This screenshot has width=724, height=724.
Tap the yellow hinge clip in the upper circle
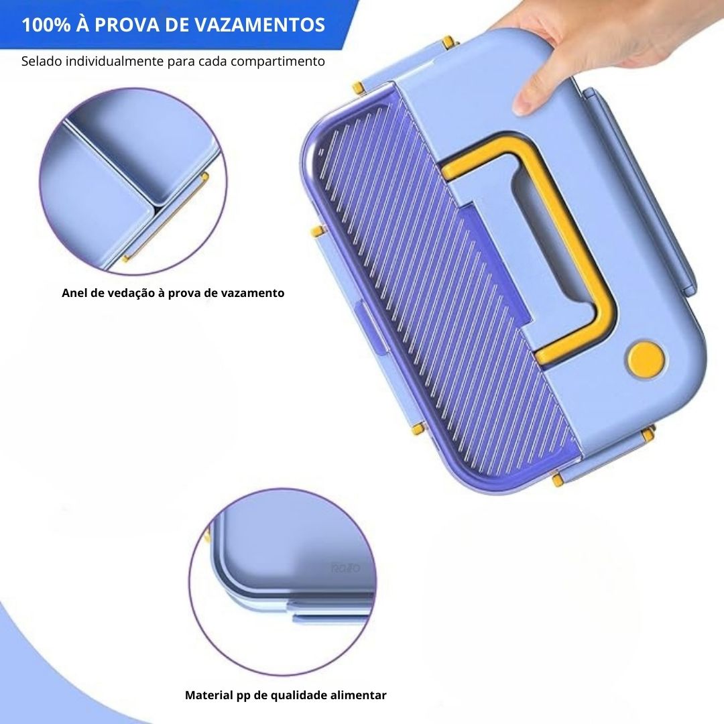[x=166, y=217]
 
